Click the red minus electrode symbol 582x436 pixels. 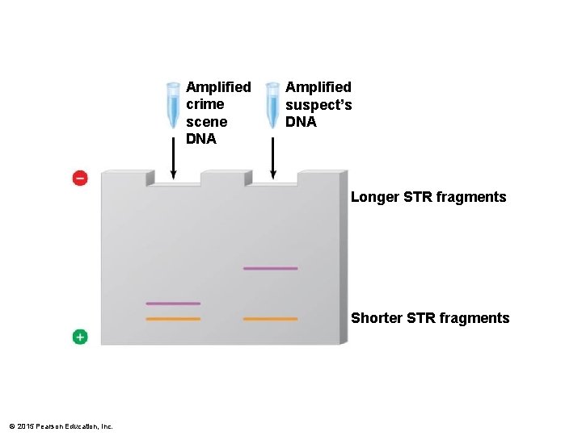click(x=80, y=178)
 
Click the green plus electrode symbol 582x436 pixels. click(x=80, y=337)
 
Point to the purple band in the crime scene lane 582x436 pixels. click(x=173, y=304)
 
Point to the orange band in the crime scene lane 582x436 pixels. click(x=173, y=319)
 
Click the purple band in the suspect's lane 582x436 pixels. click(x=270, y=268)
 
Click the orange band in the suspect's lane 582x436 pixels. click(x=270, y=319)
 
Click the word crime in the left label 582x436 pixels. click(x=205, y=104)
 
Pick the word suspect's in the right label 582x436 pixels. click(x=318, y=105)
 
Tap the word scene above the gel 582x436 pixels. click(x=207, y=122)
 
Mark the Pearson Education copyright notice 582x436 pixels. click(x=61, y=426)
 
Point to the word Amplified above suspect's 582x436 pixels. click(x=318, y=86)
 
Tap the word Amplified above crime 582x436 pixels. click(x=218, y=86)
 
